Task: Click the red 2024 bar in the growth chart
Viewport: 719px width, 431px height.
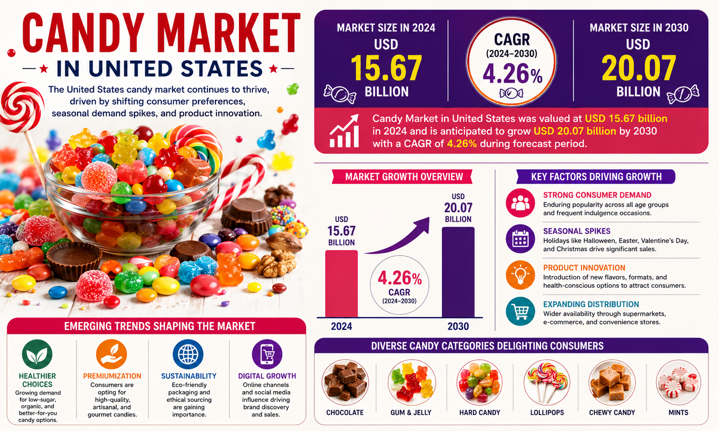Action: tap(341, 284)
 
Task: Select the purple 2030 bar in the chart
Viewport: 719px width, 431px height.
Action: tap(458, 272)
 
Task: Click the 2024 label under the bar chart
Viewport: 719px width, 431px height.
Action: tap(342, 326)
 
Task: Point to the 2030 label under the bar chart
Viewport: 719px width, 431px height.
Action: tap(458, 326)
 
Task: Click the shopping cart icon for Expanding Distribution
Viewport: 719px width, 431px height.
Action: tap(520, 311)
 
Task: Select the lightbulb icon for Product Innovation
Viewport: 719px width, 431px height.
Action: tap(520, 275)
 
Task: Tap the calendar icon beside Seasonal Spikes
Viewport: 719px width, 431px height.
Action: tap(520, 239)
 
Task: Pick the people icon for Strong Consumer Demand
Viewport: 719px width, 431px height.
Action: tap(520, 203)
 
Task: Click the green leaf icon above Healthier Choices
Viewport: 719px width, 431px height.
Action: tap(37, 354)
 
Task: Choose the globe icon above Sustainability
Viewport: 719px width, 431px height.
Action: tap(188, 354)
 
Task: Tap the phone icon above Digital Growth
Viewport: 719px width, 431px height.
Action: tap(267, 354)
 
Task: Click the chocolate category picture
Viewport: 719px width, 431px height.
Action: tap(345, 382)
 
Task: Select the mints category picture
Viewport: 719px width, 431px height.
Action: tap(678, 382)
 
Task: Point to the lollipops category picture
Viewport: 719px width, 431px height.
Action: tap(547, 382)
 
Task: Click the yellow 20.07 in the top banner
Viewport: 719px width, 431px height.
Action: tap(639, 68)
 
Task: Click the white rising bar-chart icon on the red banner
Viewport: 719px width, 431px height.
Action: tap(344, 131)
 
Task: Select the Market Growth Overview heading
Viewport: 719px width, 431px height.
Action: tap(404, 177)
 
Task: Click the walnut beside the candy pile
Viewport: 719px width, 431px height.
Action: tap(277, 263)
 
